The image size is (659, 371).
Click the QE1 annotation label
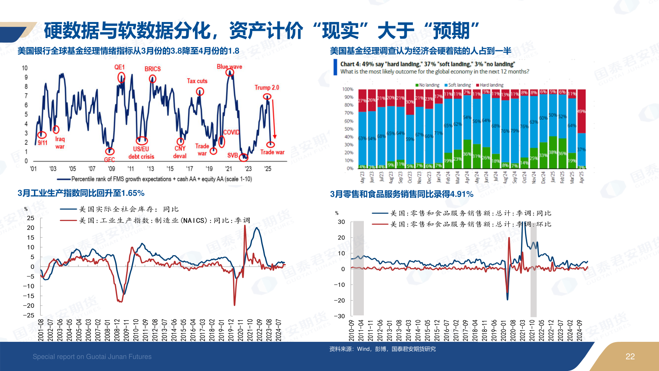click(x=119, y=67)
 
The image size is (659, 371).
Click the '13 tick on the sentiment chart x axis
click(x=150, y=169)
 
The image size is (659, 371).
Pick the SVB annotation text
click(x=232, y=155)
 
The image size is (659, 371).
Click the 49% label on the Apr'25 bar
click(x=581, y=111)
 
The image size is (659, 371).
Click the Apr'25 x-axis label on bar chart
click(x=581, y=177)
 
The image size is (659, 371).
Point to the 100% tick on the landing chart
click(x=347, y=89)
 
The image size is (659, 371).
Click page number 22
click(x=630, y=357)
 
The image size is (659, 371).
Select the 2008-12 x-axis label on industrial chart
click(x=117, y=330)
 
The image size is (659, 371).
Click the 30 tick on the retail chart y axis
click(x=341, y=222)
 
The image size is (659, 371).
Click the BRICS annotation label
click(x=152, y=69)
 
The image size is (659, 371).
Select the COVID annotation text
click(x=231, y=132)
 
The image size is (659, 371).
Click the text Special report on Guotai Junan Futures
click(x=92, y=357)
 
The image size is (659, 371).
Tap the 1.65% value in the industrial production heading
click(x=133, y=193)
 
